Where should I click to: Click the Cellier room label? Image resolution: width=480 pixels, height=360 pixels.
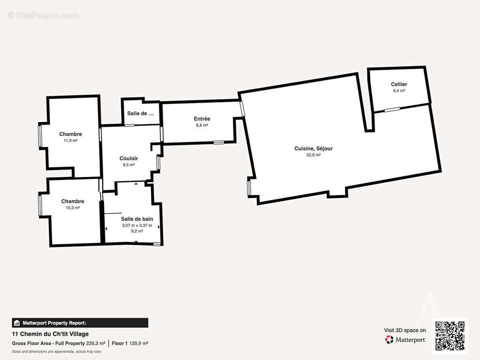399,84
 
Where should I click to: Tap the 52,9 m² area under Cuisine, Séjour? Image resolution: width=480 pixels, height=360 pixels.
313,155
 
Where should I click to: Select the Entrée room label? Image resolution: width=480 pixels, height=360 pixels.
202,119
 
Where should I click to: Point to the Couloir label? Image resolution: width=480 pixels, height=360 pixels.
129,158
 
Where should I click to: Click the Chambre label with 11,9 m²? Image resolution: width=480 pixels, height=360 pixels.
70,134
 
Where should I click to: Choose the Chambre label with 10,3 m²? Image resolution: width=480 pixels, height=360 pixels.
72,201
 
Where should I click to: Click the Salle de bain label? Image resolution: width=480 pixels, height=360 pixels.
137,219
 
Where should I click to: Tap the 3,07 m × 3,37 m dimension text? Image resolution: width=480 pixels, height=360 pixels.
137,225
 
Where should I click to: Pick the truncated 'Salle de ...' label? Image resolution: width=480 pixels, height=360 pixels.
140,113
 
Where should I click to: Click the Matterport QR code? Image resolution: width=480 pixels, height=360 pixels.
450,336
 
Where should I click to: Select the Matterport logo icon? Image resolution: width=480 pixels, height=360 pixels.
389,339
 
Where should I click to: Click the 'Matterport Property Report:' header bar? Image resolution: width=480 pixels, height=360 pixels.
80,323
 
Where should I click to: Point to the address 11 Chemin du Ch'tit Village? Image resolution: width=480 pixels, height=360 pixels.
50,334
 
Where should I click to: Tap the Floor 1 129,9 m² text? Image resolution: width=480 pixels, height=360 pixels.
130,343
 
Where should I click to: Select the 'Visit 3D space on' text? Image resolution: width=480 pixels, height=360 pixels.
405,330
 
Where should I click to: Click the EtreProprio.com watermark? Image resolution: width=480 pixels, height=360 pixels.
43,15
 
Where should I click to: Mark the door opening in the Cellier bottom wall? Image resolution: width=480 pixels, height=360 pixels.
392,109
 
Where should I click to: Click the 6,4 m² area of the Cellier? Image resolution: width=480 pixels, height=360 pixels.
399,91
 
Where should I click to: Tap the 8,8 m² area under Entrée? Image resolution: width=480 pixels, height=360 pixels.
202,126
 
